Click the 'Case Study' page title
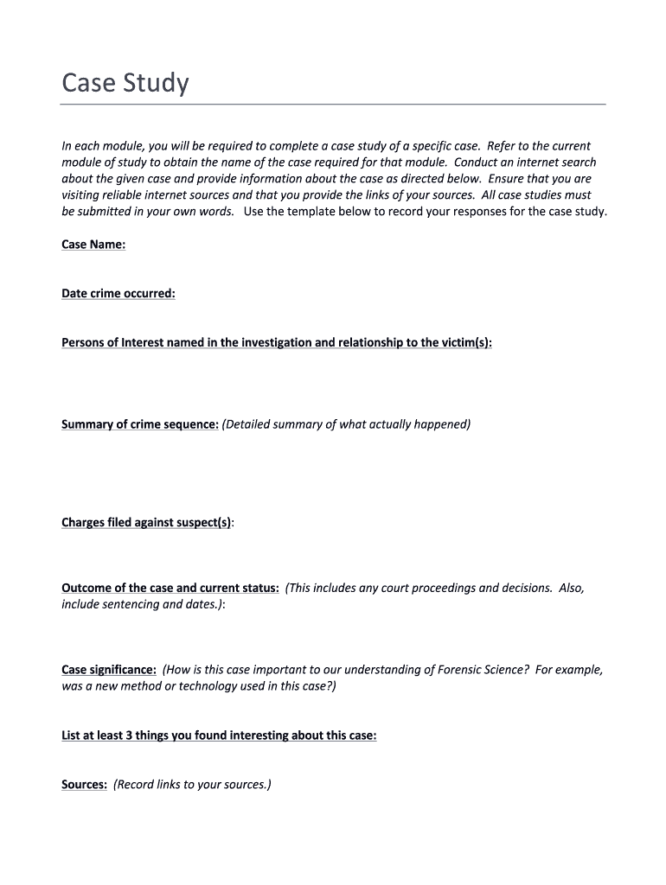(x=125, y=84)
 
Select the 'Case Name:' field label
(x=93, y=245)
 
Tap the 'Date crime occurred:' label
(x=118, y=294)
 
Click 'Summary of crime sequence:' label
(x=140, y=424)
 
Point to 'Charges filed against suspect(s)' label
(x=146, y=523)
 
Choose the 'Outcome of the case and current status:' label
(x=170, y=588)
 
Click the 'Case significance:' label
(x=109, y=670)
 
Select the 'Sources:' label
(x=84, y=785)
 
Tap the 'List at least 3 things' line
(x=219, y=736)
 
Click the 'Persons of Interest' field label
(x=277, y=343)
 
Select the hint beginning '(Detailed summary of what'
(x=346, y=424)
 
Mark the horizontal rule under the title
(x=333, y=105)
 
